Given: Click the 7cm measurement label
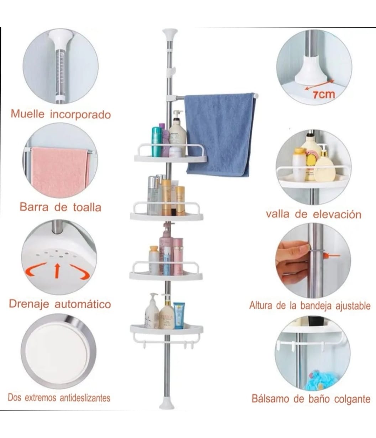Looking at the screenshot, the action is pyautogui.click(x=324, y=94).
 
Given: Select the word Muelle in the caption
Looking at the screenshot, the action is pyautogui.click(x=27, y=114).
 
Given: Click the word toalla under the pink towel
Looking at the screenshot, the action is pyautogui.click(x=87, y=207).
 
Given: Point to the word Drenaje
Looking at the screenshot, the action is pyautogui.click(x=30, y=304).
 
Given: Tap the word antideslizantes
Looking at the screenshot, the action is pyautogui.click(x=85, y=398).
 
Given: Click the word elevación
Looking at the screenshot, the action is pyautogui.click(x=337, y=214).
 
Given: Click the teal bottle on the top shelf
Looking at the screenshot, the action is pyautogui.click(x=156, y=141).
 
